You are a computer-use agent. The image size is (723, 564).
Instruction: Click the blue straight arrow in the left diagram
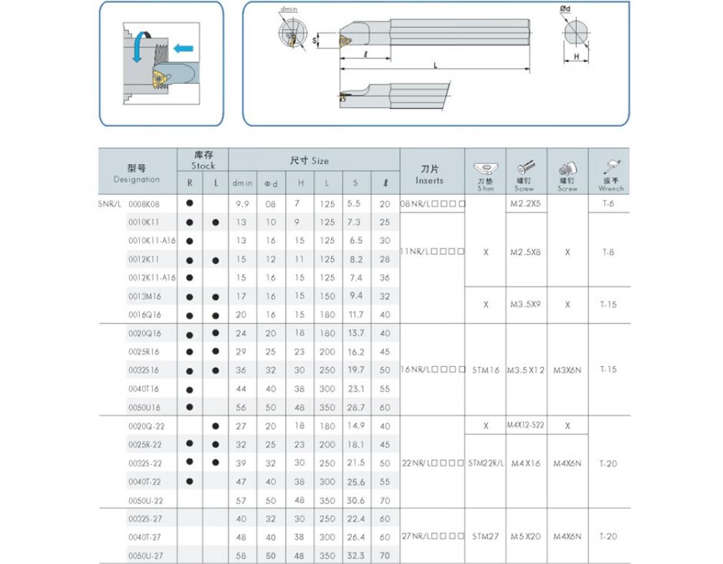(184, 49)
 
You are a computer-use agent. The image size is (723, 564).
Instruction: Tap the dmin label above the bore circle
(289, 9)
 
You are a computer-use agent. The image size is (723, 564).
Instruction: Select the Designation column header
(136, 173)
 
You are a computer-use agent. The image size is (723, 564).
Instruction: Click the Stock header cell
(203, 160)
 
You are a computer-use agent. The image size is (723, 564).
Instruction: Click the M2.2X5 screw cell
(526, 204)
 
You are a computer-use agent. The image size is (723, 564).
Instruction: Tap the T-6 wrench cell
(608, 204)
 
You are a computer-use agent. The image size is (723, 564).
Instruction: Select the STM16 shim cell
(486, 370)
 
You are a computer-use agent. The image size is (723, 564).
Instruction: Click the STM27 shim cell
(486, 536)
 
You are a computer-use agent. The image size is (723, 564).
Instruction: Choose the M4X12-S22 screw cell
(526, 425)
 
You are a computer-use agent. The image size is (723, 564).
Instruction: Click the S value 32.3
(355, 555)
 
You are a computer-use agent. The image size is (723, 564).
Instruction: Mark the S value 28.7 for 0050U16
(355, 407)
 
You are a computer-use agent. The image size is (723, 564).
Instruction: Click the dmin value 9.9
(241, 204)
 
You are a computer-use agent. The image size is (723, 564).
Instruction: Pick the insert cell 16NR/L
(432, 370)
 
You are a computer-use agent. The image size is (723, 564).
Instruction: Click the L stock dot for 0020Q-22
(216, 426)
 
